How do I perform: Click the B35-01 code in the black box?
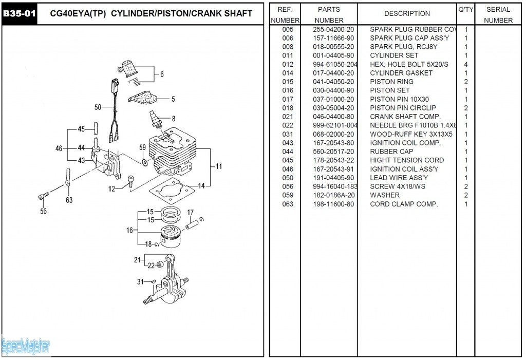[19, 13]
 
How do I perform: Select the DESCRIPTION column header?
[407, 13]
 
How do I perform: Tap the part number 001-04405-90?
[333, 55]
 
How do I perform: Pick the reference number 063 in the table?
[288, 204]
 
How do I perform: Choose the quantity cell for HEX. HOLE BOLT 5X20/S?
[466, 64]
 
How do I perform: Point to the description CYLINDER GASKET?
[401, 73]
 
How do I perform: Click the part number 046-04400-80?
[333, 117]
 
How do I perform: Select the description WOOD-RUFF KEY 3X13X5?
[411, 134]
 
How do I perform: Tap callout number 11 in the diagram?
[219, 166]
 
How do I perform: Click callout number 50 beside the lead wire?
[98, 107]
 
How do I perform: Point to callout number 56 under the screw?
[43, 211]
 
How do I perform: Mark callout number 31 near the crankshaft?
[140, 281]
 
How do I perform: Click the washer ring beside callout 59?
[144, 162]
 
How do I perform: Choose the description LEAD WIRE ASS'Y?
[399, 178]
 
